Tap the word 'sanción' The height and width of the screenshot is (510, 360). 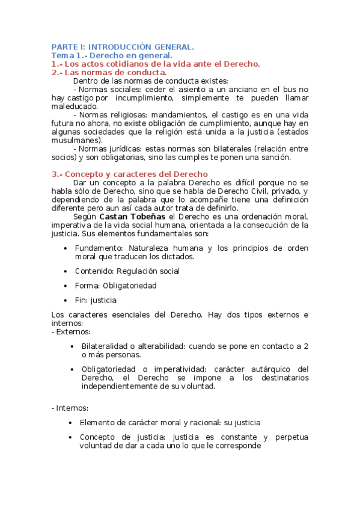[275, 158]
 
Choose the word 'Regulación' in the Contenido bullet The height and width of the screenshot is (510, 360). [139, 271]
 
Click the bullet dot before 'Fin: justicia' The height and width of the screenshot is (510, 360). [66, 300]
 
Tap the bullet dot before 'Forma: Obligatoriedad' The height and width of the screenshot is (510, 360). [66, 286]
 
